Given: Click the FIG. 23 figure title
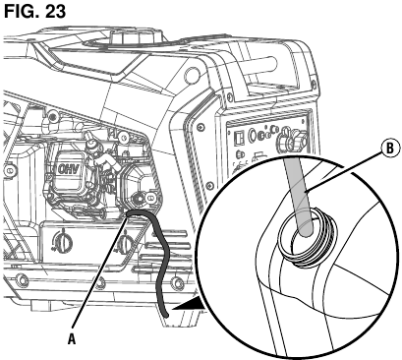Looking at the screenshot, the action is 34,11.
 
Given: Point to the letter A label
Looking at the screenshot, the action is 72,340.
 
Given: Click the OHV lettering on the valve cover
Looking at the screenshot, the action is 68,168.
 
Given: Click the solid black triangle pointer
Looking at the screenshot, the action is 189,303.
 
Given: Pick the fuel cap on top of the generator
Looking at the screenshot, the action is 136,35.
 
